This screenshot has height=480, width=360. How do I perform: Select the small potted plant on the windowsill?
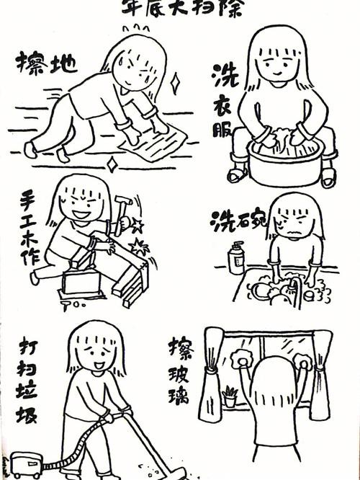(230, 396)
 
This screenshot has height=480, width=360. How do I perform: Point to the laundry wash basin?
(284, 162)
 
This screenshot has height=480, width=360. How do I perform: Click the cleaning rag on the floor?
(153, 148)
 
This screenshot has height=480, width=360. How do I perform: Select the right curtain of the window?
(320, 375)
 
